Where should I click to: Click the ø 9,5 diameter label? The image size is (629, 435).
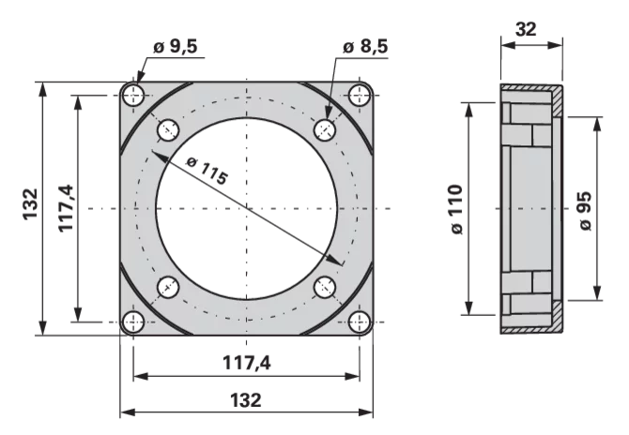pyautogui.click(x=176, y=47)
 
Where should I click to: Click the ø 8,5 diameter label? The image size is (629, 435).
pyautogui.click(x=365, y=47)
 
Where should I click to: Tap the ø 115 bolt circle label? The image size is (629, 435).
pyautogui.click(x=207, y=171)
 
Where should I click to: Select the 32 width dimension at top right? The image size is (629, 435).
pyautogui.click(x=526, y=29)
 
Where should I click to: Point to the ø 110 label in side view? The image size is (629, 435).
pyautogui.click(x=456, y=209)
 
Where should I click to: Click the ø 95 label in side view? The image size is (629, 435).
pyautogui.click(x=586, y=211)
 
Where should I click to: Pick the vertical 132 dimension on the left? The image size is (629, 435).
pyautogui.click(x=30, y=203)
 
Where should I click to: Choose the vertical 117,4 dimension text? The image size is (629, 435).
pyautogui.click(x=67, y=207)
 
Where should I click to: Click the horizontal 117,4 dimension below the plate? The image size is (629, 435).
pyautogui.click(x=247, y=363)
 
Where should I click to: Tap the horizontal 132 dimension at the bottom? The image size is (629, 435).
pyautogui.click(x=246, y=399)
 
